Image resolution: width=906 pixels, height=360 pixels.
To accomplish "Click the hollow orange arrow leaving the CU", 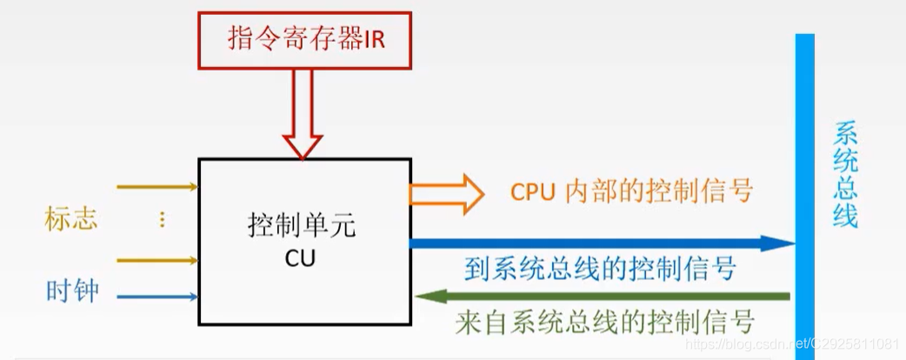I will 447,192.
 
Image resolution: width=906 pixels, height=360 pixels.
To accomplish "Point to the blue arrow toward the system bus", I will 600,243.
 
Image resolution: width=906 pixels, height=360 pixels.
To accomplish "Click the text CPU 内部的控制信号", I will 630,191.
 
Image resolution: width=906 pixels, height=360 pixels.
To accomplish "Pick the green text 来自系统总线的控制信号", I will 604,323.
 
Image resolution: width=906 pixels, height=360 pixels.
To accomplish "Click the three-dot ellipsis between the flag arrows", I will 161,220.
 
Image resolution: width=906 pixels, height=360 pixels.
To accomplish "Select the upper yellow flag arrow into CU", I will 157,186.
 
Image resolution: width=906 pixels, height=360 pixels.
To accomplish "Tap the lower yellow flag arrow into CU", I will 157,259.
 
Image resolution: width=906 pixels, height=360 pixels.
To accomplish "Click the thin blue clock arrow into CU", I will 157,297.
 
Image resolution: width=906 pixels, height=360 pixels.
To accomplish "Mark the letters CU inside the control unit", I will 303,258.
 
